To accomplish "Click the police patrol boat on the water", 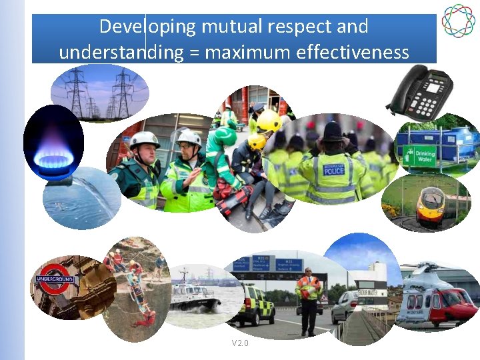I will tap(193, 297).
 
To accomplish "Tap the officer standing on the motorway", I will tap(308, 300).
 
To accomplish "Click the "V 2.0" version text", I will tap(239, 343).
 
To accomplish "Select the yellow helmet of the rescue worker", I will tap(269, 121).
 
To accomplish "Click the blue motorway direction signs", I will tap(269, 265).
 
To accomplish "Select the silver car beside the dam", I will tap(345, 306).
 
